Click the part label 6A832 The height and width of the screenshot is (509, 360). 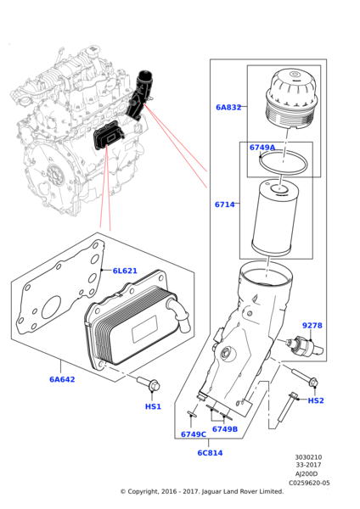(228, 108)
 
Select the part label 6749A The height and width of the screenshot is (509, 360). (262, 148)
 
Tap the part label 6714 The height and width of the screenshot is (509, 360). (224, 204)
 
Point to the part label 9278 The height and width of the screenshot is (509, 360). (312, 326)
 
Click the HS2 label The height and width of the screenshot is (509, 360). (315, 400)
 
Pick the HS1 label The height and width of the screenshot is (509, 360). (153, 406)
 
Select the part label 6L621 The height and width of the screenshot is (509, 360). (124, 271)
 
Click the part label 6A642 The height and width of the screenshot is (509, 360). (62, 379)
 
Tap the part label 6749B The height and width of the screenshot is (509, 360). (224, 429)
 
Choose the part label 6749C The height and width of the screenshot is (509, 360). (193, 434)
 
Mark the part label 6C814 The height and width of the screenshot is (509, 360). (210, 452)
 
